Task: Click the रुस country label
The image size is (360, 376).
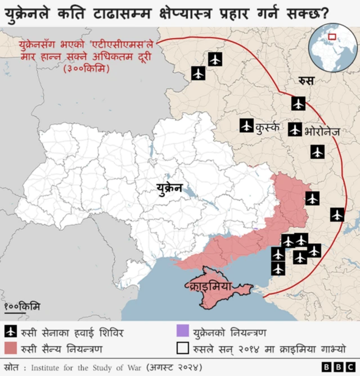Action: pyautogui.click(x=307, y=80)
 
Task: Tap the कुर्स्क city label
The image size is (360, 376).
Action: pyautogui.click(x=268, y=126)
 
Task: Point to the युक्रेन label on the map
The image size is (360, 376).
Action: pyautogui.click(x=169, y=188)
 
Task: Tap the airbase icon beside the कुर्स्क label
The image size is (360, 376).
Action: pyautogui.click(x=246, y=126)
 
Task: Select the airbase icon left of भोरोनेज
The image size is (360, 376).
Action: pyautogui.click(x=295, y=130)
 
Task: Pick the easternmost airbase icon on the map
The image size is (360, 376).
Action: pyautogui.click(x=337, y=214)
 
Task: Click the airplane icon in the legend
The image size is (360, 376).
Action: pyautogui.click(x=11, y=332)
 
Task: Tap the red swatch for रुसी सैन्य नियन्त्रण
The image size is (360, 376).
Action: pyautogui.click(x=11, y=348)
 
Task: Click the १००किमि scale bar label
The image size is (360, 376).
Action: pyautogui.click(x=22, y=306)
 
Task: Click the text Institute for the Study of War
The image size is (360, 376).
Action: pyautogui.click(x=85, y=367)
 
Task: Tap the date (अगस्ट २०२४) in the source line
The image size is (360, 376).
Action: pyautogui.click(x=175, y=367)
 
